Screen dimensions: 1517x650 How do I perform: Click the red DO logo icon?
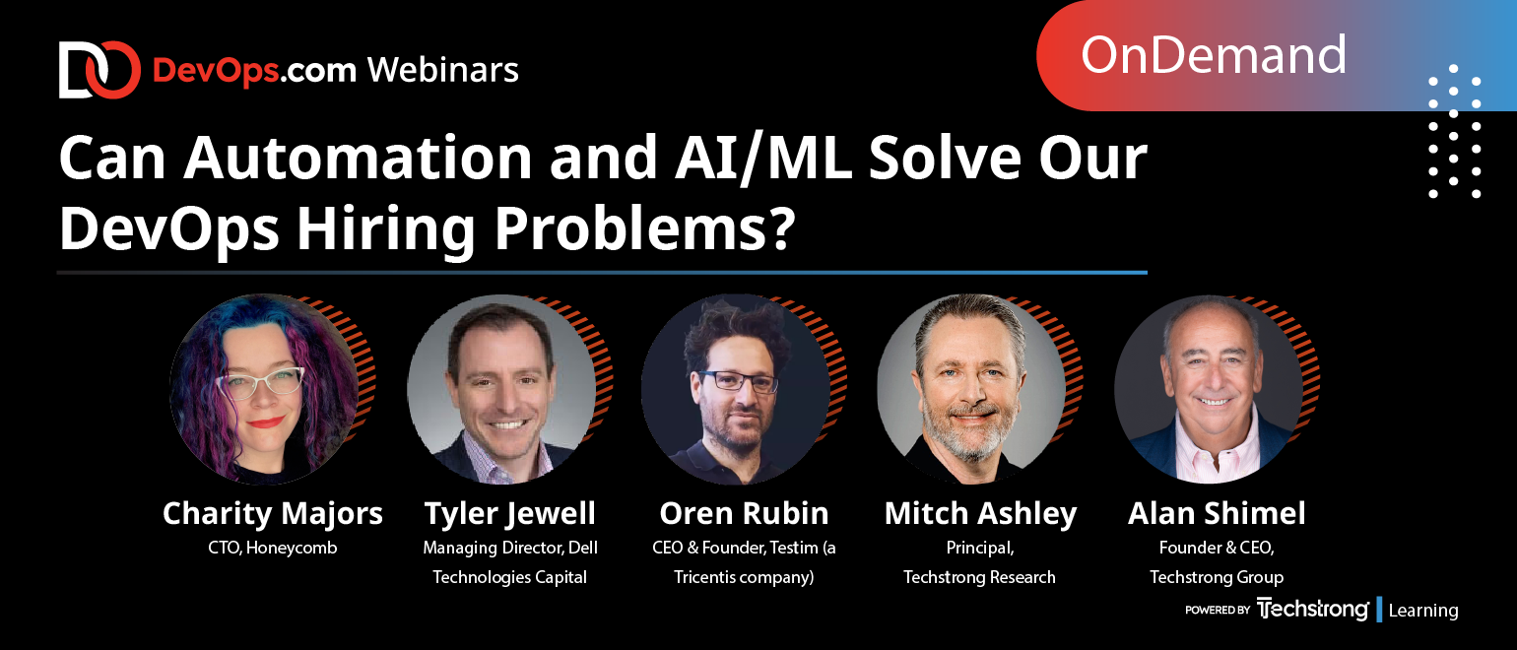[99, 70]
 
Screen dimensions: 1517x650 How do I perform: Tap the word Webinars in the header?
[443, 70]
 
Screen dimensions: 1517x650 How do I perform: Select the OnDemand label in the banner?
[1213, 55]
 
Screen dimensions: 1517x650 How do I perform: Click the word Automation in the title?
[359, 158]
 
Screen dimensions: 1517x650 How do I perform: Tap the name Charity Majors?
[272, 513]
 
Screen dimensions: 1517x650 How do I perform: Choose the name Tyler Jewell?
[509, 513]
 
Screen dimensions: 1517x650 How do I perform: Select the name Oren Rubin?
[744, 513]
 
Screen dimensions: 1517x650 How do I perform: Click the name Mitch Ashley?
[980, 513]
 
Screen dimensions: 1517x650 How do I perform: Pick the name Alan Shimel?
[1217, 513]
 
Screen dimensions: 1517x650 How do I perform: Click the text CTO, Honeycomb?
[272, 548]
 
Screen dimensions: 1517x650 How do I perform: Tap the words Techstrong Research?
[979, 577]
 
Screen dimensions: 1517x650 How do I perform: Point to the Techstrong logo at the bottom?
[1312, 609]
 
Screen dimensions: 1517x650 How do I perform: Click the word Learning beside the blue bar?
[1422, 610]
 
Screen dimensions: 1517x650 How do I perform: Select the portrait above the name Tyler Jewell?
[501, 389]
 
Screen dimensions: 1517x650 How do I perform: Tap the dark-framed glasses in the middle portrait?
[737, 381]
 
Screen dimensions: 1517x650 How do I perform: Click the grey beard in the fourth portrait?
[964, 432]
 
